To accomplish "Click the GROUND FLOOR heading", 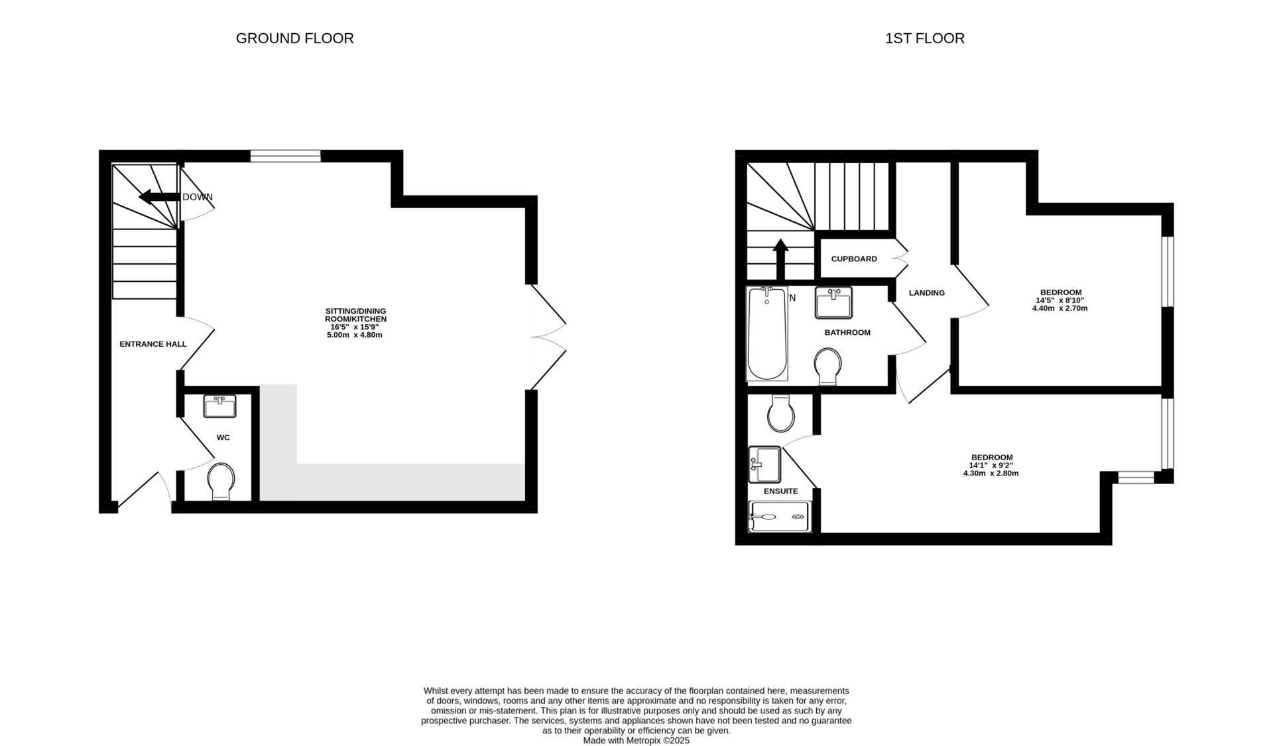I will tap(294, 38).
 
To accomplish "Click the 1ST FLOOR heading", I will tap(924, 38).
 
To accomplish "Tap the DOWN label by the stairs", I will tap(198, 197).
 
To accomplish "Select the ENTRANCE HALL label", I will tap(153, 344).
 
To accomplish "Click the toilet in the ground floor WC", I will tap(221, 481).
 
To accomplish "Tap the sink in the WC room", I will tap(219, 406).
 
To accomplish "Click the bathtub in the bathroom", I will tap(767, 334).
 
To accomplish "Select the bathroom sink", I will tap(833, 302).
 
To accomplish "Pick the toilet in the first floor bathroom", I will tap(828, 366).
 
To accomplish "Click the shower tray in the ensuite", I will tap(779, 517).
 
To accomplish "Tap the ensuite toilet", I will tap(780, 414).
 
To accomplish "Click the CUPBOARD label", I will tap(854, 259).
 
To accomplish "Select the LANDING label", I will tap(926, 293).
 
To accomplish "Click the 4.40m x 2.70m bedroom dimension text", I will tap(1060, 308).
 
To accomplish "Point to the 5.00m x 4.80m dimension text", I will tap(355, 335).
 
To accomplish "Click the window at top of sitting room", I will tap(285, 156).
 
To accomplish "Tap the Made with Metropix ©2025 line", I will tap(636, 740).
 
